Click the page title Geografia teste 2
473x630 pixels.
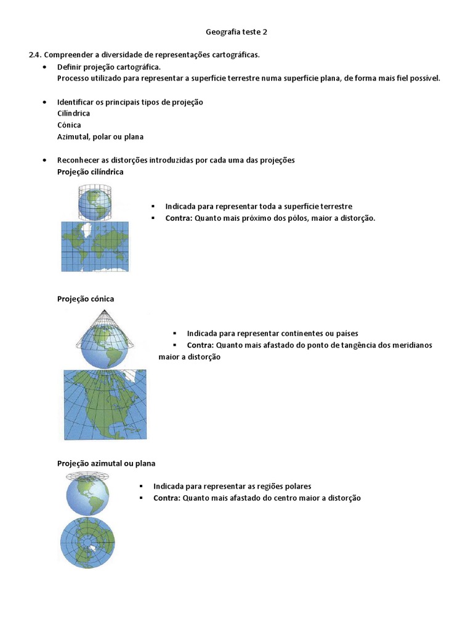tap(236, 31)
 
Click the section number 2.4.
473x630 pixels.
tap(36, 55)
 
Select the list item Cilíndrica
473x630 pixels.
tap(73, 113)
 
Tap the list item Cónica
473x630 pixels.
tap(69, 125)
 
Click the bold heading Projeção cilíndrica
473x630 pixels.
tap(90, 172)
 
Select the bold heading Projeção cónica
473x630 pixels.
tap(86, 298)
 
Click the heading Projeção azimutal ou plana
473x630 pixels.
tap(106, 463)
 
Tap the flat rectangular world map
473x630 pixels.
tap(95, 246)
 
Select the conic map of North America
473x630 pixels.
tap(105, 404)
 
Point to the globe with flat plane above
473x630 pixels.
tap(88, 495)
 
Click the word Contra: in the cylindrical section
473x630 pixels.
tap(179, 218)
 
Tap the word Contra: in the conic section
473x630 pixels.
tap(200, 345)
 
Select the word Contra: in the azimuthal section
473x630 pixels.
tap(167, 498)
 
